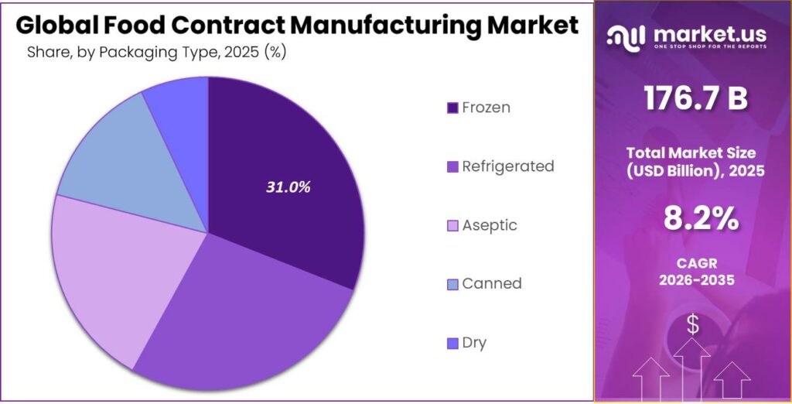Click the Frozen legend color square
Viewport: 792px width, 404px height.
452,108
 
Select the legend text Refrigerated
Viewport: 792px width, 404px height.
507,166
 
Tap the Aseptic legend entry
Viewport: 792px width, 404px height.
489,225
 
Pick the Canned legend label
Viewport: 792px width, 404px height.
491,283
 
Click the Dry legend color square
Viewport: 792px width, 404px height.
452,342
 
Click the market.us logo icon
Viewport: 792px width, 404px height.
626,36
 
